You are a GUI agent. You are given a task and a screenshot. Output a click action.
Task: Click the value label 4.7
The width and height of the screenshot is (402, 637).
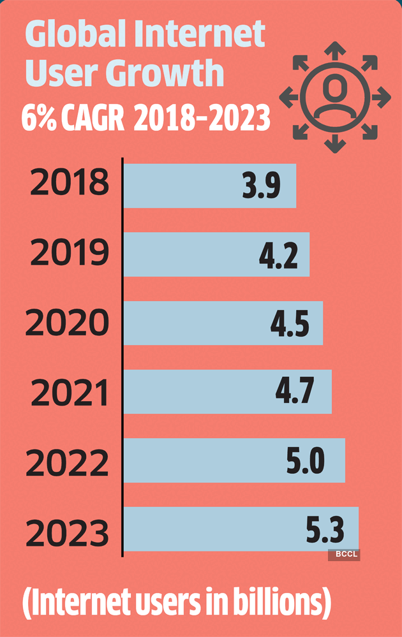coord(295,392)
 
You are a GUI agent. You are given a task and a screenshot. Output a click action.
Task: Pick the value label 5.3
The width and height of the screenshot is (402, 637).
coord(325,529)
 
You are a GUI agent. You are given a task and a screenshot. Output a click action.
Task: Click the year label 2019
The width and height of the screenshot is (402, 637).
coord(69,254)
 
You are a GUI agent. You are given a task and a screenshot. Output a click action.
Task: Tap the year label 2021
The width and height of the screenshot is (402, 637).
coord(69,393)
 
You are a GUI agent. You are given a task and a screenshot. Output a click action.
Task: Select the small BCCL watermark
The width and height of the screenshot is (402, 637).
coord(344,555)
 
